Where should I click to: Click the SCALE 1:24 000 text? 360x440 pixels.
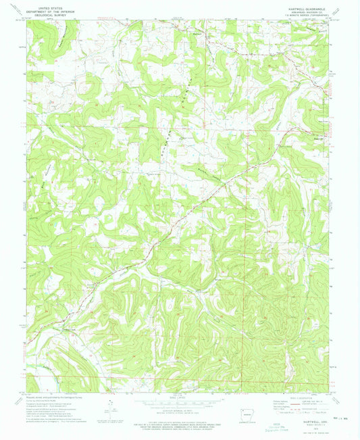point(178,397)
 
